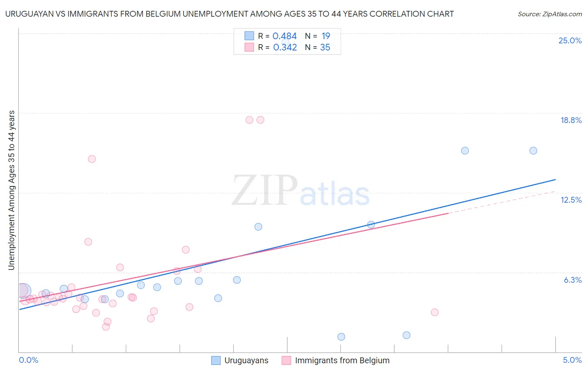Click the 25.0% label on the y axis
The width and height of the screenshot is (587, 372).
pyautogui.click(x=570, y=41)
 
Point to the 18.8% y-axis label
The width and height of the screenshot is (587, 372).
pyautogui.click(x=571, y=121)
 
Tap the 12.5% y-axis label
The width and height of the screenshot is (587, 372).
pyautogui.click(x=571, y=200)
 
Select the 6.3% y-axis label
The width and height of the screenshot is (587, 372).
pyautogui.click(x=572, y=280)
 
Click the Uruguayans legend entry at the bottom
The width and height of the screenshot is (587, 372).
pyautogui.click(x=246, y=361)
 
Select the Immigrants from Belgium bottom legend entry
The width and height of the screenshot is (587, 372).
pyautogui.click(x=342, y=361)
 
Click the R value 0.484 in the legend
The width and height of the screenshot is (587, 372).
pyautogui.click(x=284, y=36)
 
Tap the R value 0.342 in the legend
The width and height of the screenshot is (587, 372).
pyautogui.click(x=285, y=48)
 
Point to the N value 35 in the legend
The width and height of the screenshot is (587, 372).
pyautogui.click(x=325, y=48)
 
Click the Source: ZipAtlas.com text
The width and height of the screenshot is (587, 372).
pyautogui.click(x=549, y=14)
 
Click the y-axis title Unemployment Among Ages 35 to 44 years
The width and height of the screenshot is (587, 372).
pyautogui.click(x=12, y=190)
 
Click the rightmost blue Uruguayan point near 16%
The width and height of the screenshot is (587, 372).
pyautogui.click(x=533, y=151)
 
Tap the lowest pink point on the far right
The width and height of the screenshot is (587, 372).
pyautogui.click(x=435, y=312)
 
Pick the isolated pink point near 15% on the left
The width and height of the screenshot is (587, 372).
pyautogui.click(x=92, y=159)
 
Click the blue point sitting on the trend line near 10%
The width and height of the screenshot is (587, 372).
pyautogui.click(x=371, y=225)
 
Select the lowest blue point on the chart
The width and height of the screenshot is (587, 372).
pyautogui.click(x=341, y=337)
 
